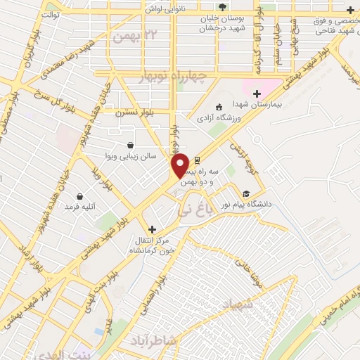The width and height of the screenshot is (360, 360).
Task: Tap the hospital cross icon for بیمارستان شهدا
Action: (257, 94)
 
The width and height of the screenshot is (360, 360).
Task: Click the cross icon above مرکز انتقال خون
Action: (152, 229)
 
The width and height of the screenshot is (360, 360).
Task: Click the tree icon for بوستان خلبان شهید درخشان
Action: (222, 8)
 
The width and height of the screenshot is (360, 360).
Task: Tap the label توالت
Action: (51, 14)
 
